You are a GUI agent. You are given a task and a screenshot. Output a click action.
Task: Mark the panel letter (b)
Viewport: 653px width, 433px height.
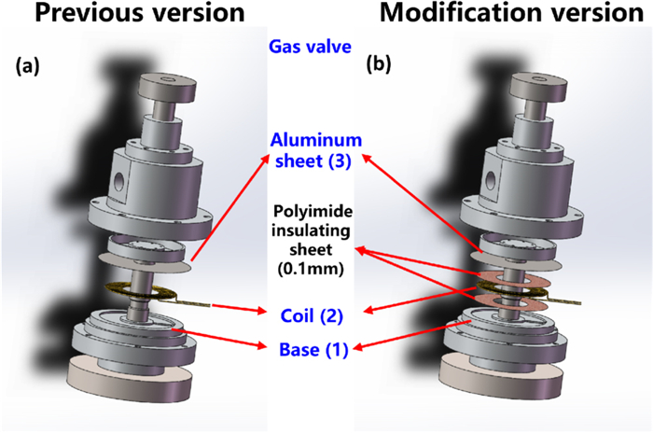[380, 66]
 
